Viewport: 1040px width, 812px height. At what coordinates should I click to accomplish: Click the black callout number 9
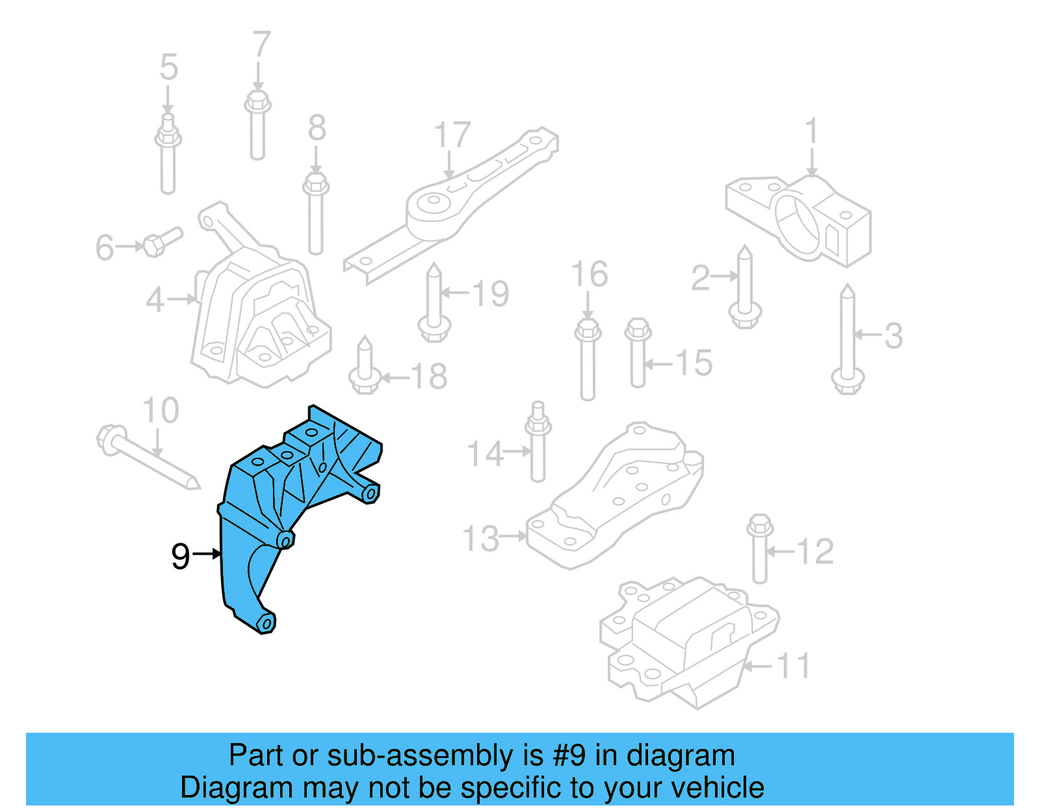coord(180,557)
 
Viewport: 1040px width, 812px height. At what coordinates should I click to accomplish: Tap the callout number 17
coord(452,135)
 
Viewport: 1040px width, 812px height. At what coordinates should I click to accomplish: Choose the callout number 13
coord(480,539)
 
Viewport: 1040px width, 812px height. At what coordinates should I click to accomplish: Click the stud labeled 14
coord(538,442)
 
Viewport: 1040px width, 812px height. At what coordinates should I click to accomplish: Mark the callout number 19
coord(490,294)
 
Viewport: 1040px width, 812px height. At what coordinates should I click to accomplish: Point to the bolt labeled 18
coord(365,367)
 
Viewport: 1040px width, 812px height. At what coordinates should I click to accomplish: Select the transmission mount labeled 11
coord(689,644)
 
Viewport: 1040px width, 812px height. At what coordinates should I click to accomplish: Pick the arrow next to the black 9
coord(208,554)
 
